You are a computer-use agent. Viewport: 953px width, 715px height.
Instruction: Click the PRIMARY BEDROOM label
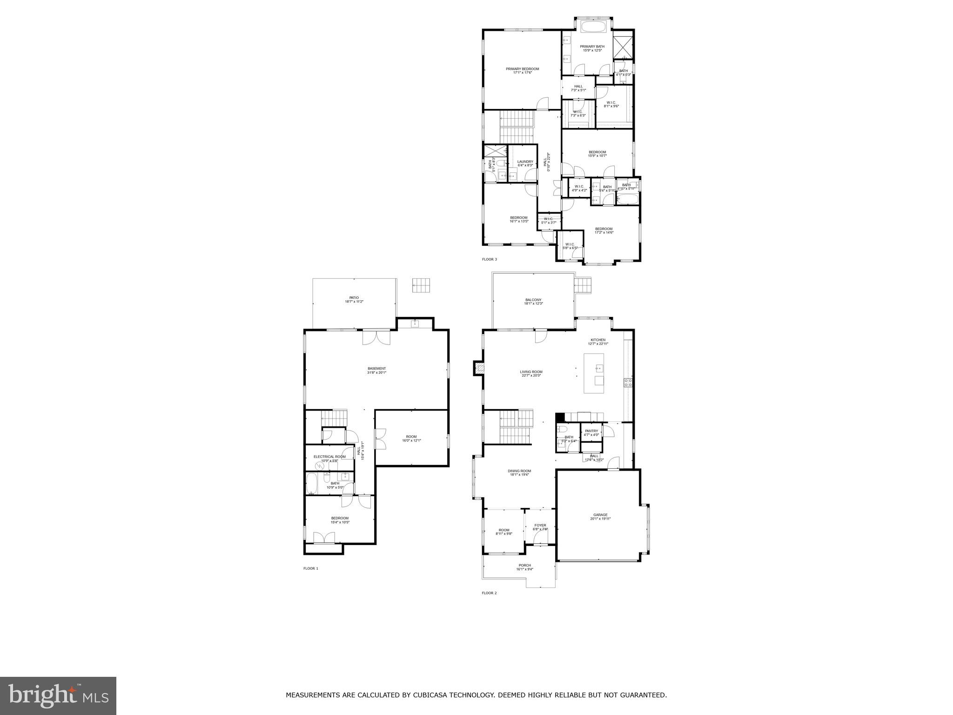[522, 69]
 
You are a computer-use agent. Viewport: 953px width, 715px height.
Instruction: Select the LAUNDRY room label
[525, 162]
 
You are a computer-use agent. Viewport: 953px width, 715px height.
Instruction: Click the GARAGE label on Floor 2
[600, 515]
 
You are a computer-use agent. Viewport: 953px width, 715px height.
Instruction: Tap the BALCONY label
[533, 300]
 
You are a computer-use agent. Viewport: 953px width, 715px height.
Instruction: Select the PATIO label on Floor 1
[354, 297]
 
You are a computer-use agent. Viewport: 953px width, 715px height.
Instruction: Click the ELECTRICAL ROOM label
[329, 457]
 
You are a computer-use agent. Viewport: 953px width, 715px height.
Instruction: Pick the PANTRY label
[591, 431]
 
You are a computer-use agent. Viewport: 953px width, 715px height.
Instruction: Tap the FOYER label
[540, 525]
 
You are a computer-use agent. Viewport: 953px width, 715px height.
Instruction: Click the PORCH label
[524, 565]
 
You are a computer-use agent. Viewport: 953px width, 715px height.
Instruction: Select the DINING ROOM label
[519, 471]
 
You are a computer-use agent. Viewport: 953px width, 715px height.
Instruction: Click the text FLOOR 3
[489, 259]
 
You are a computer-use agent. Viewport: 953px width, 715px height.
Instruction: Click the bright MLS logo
[58, 695]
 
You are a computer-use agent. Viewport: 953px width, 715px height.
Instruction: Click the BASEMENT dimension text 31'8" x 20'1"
[377, 372]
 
